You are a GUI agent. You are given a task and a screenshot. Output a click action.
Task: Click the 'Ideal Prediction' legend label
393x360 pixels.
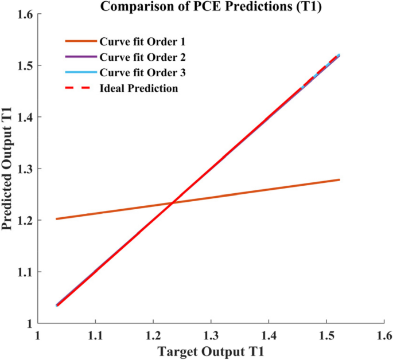click(138, 88)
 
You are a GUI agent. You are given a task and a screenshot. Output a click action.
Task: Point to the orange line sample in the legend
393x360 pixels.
click(80, 42)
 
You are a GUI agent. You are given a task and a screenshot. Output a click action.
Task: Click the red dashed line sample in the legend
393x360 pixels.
click(80, 88)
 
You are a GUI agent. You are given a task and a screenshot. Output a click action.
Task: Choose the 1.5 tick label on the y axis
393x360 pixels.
click(23, 65)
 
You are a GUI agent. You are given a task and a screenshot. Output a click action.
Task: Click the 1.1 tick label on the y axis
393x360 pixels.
click(23, 272)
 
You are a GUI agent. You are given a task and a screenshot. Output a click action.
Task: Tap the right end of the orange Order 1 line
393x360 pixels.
click(340, 179)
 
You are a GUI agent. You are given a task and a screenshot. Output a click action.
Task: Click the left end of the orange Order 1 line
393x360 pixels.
click(56, 218)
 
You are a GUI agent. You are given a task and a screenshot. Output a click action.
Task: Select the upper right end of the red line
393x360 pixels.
click(339, 55)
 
